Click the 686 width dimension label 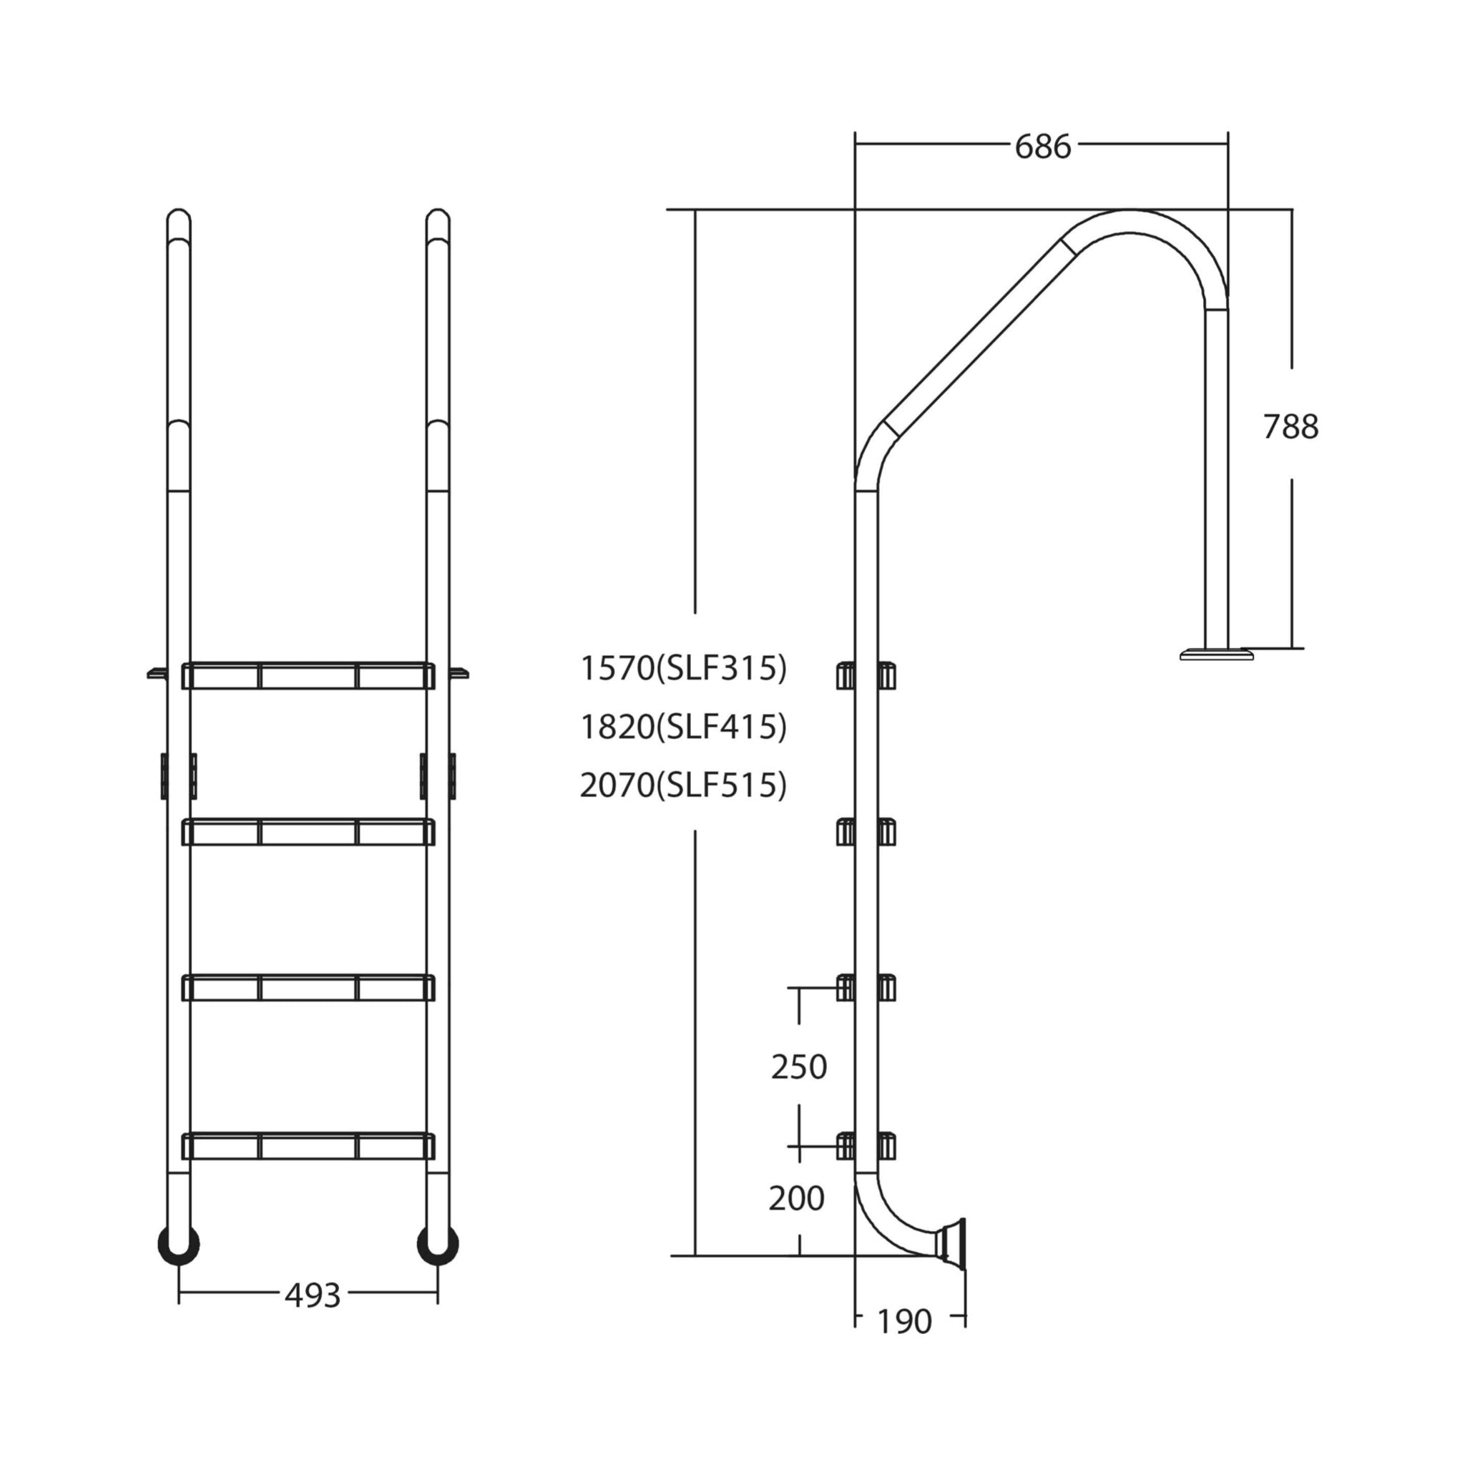(1043, 147)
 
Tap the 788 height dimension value (1290, 426)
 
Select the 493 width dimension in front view (313, 1296)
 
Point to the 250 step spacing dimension (798, 1067)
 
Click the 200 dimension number (796, 1198)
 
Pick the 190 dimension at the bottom (904, 1322)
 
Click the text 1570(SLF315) (683, 668)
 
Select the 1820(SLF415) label (683, 727)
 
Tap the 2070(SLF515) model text (683, 785)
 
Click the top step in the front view (308, 675)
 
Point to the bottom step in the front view (308, 1146)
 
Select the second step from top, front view (308, 832)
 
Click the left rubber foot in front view (178, 1245)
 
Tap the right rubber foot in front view (438, 1245)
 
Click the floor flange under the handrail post (1216, 654)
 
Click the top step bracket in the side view (866, 675)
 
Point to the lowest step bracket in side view (866, 1146)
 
